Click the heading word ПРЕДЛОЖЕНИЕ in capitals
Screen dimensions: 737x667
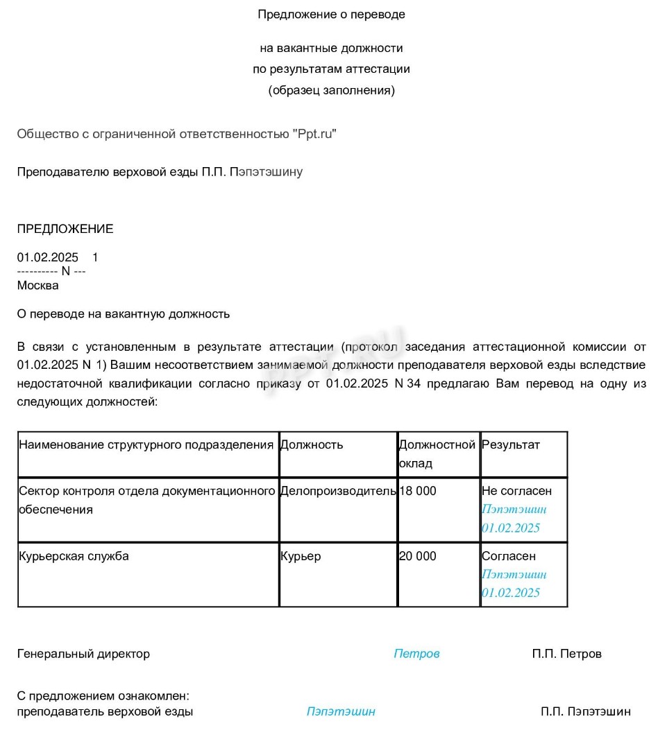[x=65, y=229]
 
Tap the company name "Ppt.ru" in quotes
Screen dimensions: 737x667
[x=314, y=134]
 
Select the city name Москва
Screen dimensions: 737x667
[x=38, y=285]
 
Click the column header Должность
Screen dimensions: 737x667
[x=312, y=444]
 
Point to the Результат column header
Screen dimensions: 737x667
[x=511, y=444]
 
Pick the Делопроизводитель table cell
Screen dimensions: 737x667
[x=338, y=491]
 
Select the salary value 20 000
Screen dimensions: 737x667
[x=418, y=556]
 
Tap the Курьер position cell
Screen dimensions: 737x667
[x=301, y=556]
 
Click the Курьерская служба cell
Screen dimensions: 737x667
[x=74, y=556]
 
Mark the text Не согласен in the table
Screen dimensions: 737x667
[x=517, y=491]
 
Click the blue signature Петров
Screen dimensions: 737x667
[x=417, y=654]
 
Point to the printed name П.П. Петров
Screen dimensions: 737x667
[x=567, y=654]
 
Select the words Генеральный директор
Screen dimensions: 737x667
[x=83, y=654]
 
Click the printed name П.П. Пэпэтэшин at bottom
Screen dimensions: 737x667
[x=586, y=711]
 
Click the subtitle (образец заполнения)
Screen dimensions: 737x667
[x=331, y=90]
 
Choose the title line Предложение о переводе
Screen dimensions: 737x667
[x=331, y=14]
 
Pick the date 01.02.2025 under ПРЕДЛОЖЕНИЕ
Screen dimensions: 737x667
[x=48, y=257]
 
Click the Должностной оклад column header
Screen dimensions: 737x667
[x=437, y=453]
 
